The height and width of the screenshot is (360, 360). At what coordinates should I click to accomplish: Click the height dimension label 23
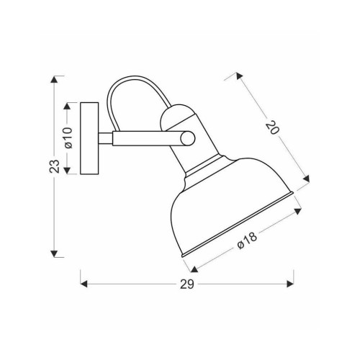[x=55, y=166]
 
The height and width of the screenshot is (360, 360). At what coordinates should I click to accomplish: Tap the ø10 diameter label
[x=68, y=138]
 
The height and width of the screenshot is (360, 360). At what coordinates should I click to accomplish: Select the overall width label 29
[x=187, y=284]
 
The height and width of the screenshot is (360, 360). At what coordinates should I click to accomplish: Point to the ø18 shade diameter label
[x=247, y=240]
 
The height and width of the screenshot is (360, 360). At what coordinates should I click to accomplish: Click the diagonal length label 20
[x=273, y=127]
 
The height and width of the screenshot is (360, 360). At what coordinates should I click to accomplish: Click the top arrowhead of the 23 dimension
[x=55, y=79]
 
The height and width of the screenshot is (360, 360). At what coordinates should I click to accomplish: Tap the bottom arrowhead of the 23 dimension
[x=55, y=253]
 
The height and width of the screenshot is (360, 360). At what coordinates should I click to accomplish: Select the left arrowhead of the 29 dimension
[x=84, y=284]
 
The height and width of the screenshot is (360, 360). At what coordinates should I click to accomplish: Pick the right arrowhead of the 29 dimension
[x=290, y=284]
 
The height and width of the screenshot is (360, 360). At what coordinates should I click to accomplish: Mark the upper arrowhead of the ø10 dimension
[x=67, y=107]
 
